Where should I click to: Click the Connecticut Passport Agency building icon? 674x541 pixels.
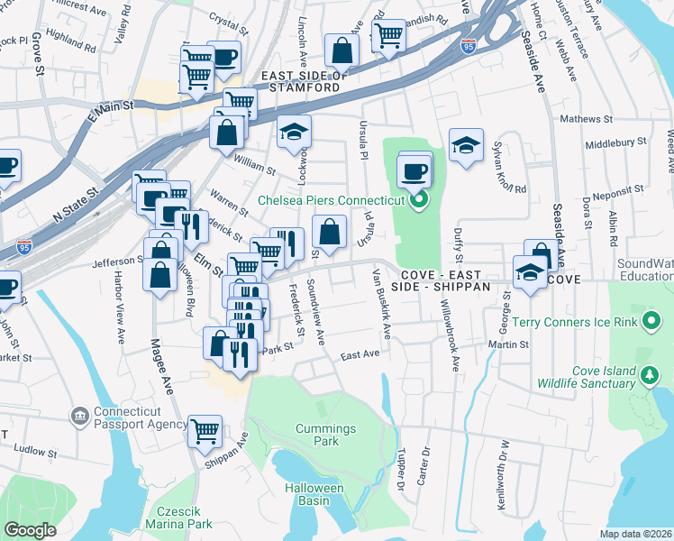coord(79,415)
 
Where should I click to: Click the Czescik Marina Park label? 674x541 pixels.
coord(182,516)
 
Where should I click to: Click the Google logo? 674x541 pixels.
coord(31,529)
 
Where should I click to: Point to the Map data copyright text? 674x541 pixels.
coord(636,534)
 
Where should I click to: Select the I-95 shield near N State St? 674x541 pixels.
coord(24,245)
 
